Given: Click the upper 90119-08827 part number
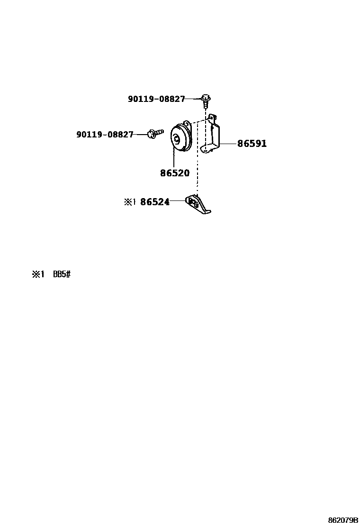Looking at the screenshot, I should [156, 99].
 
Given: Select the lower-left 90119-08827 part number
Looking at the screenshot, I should [105, 135].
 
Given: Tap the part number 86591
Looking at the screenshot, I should [252, 144].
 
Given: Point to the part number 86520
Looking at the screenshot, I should [174, 173].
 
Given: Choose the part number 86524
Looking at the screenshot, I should [155, 202].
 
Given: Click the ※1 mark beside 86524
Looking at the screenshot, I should [130, 202].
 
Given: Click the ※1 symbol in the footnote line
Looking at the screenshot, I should [37, 274].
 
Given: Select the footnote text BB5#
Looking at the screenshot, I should [62, 274].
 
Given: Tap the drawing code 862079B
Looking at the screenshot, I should [342, 520].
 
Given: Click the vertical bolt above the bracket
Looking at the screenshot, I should [206, 101].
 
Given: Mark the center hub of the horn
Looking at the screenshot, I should [176, 139].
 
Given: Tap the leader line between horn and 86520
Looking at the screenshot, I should [174, 159].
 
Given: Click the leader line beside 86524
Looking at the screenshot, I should [178, 201].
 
